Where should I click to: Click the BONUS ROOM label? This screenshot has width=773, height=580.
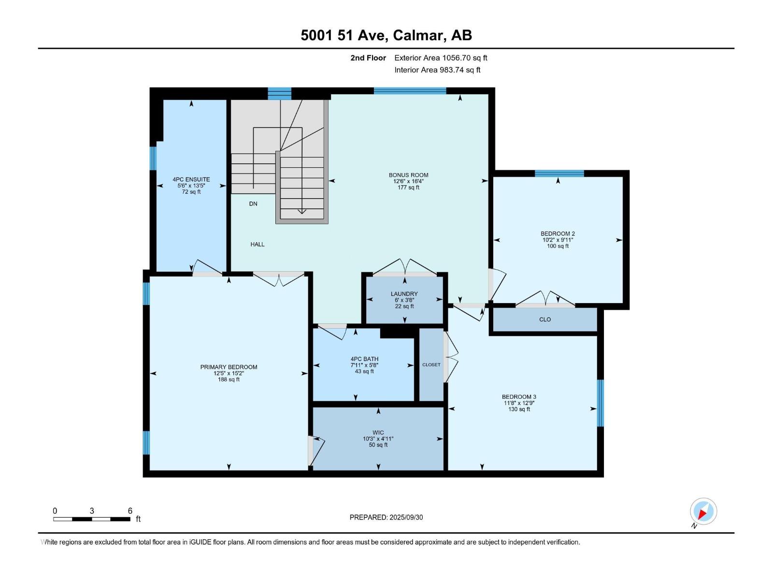click(x=408, y=175)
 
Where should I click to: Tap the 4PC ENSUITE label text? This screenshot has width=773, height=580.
click(x=191, y=179)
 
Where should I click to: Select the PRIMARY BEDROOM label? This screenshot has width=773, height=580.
click(x=229, y=367)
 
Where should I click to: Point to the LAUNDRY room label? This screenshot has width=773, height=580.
click(x=404, y=294)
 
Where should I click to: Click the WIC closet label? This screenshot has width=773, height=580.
click(x=378, y=433)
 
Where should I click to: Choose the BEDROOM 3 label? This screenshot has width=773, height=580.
click(x=519, y=397)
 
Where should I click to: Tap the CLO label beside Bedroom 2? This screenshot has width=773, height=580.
click(x=545, y=319)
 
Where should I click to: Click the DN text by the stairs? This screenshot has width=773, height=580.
click(x=253, y=204)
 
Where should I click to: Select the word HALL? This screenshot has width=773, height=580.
click(x=258, y=245)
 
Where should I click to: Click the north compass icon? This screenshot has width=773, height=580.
click(x=703, y=511)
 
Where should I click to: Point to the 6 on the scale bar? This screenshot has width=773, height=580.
click(x=130, y=511)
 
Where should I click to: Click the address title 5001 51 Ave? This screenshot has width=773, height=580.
click(x=386, y=35)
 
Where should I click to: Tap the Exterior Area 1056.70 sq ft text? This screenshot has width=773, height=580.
click(x=441, y=58)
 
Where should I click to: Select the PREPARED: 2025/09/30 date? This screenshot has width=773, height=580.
click(x=386, y=517)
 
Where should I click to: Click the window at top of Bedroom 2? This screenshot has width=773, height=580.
click(x=559, y=174)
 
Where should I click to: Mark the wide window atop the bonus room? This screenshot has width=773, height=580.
click(x=410, y=91)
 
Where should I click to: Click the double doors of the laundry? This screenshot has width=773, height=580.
click(x=405, y=268)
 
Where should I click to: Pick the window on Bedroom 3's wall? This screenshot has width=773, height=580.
click(x=601, y=403)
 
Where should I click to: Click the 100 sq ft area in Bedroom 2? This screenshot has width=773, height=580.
click(x=558, y=246)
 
